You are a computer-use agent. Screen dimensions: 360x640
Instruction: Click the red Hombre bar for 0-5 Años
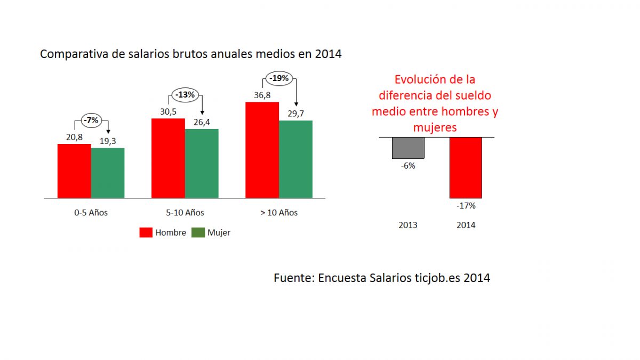tap(74, 171)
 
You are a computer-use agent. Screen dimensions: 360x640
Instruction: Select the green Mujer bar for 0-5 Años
tap(108, 173)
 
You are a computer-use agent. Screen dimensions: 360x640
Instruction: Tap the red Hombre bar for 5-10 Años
tap(168, 158)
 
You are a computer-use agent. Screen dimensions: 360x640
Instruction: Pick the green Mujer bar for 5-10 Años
tap(202, 163)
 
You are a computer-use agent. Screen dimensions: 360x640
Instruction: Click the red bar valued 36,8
tap(262, 150)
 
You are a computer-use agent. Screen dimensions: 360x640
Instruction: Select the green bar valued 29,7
tap(295, 159)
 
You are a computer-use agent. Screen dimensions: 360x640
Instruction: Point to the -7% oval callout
tap(91, 121)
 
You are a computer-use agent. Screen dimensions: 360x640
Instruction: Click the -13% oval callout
tap(185, 95)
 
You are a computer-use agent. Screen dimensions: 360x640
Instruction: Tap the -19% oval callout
tap(279, 78)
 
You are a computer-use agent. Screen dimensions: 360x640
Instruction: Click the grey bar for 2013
tap(408, 148)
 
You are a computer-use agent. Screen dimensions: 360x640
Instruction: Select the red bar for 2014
tap(466, 167)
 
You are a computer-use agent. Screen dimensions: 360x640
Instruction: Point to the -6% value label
tap(408, 166)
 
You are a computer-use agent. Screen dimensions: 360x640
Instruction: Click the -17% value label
tap(466, 205)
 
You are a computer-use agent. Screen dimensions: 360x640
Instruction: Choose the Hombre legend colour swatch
tap(146, 233)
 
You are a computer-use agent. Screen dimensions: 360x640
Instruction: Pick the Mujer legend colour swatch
tap(198, 233)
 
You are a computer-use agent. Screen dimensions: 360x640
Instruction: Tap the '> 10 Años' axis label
tap(279, 213)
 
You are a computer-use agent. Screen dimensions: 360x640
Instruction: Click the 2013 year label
tap(408, 225)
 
